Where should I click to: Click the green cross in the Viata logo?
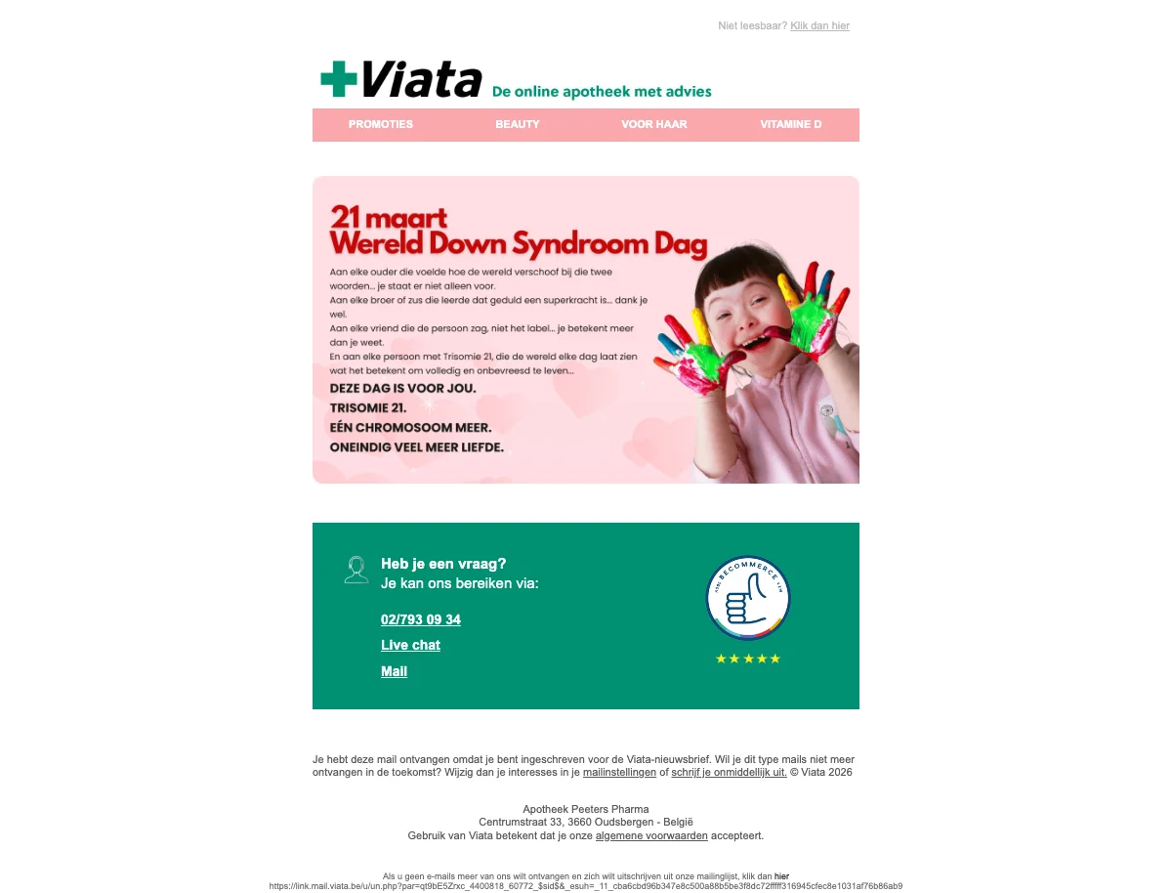pos(339,79)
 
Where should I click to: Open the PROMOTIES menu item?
pos(381,124)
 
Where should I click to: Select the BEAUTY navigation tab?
pos(518,124)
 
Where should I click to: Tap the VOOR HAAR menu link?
pos(654,124)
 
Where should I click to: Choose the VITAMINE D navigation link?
pos(791,124)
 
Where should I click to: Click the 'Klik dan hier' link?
pos(819,25)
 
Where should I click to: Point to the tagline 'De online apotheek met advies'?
pos(602,92)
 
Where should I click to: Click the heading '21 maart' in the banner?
pos(389,216)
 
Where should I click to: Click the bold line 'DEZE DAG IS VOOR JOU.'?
pos(403,388)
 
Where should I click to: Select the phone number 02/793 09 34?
pos(421,619)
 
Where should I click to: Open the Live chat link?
pos(410,645)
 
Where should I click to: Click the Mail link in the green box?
pos(394,671)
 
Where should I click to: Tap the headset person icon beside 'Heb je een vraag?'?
pos(356,570)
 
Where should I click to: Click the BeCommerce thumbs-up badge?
pos(748,598)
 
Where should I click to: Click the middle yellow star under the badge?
pos(748,659)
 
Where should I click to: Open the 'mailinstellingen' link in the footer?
pos(619,772)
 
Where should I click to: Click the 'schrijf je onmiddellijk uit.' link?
pos(729,772)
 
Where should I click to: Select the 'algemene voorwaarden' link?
pos(651,835)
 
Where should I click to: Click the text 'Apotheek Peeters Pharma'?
pos(586,809)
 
